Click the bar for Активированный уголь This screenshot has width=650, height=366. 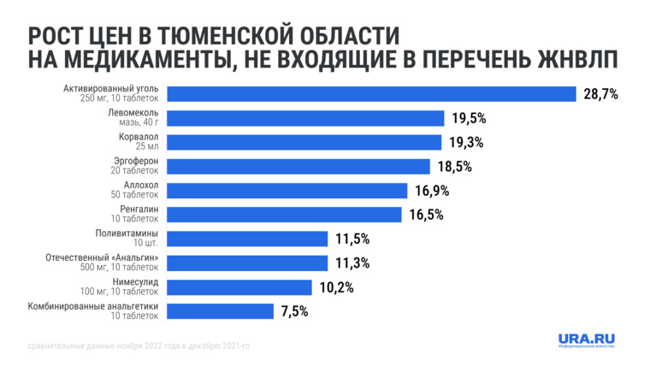[370, 94]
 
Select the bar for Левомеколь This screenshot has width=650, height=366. [304, 118]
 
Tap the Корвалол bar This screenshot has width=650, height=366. [303, 142]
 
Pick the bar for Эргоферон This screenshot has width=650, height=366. [298, 166]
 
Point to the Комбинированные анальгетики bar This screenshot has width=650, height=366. [220, 311]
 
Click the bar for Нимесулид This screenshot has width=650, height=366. [239, 287]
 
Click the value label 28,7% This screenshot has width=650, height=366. [600, 94]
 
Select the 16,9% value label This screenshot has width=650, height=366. [432, 191]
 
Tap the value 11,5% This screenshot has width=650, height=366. [352, 239]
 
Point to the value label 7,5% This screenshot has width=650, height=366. [294, 311]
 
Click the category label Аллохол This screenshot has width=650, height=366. [141, 186]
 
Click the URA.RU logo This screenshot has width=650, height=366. [587, 340]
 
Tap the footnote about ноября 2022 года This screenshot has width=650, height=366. [137, 346]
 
